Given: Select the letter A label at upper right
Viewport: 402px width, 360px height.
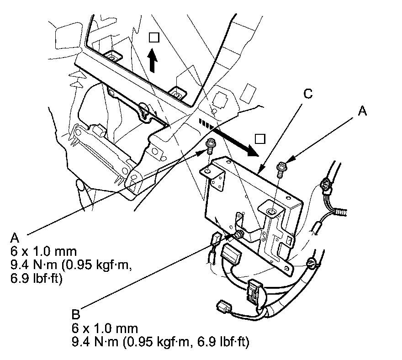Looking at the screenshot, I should (x=362, y=111).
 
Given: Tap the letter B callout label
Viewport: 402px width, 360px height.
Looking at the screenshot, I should (x=76, y=314).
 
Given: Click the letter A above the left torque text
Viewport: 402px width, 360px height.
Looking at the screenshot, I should (x=15, y=238).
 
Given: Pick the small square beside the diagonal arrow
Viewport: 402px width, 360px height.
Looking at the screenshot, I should (x=260, y=139).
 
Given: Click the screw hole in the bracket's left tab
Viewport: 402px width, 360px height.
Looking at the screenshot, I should (x=207, y=170).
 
